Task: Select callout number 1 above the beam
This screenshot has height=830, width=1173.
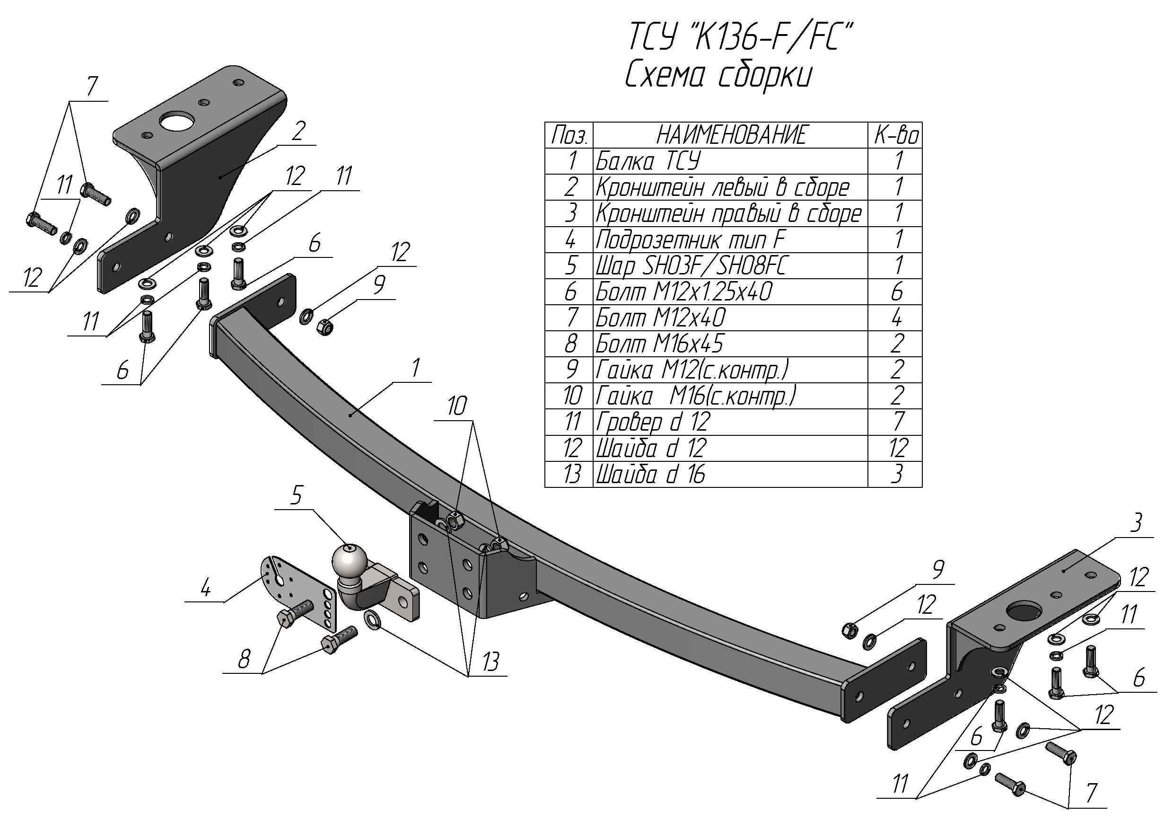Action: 416,368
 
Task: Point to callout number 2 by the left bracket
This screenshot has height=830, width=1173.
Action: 298,131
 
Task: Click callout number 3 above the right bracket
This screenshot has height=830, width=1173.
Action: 1135,523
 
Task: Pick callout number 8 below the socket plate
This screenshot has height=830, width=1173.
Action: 244,659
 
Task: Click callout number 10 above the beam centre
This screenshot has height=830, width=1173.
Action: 457,406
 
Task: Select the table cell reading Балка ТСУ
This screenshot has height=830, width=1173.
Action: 731,161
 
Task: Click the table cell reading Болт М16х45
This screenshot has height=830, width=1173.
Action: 731,344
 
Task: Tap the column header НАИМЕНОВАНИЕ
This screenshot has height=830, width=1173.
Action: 731,135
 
